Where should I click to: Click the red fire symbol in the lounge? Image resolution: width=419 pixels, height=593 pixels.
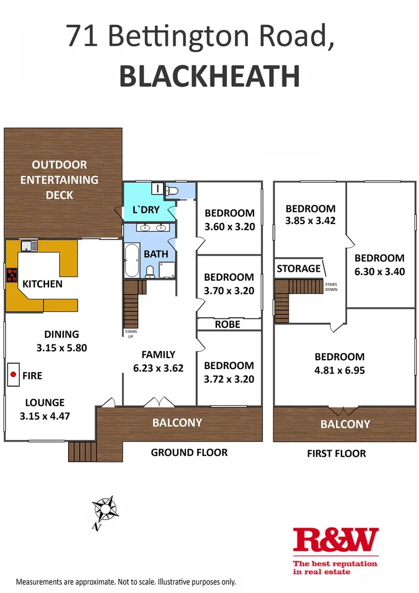click(13, 375)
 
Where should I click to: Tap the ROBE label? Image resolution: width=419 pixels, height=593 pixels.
click(228, 324)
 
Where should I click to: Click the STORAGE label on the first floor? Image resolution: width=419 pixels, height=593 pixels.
click(298, 268)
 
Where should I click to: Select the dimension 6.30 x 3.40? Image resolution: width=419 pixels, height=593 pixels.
click(379, 271)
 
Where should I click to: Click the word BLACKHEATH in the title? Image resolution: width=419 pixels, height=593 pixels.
click(209, 76)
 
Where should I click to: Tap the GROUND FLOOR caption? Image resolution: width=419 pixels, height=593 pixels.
click(189, 452)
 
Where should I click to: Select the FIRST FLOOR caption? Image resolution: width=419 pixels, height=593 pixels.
click(336, 453)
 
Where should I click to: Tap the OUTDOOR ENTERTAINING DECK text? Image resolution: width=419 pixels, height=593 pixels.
click(60, 180)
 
